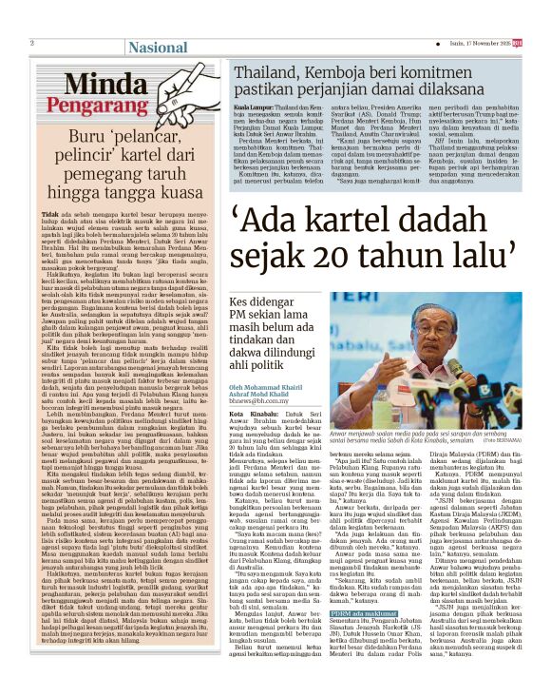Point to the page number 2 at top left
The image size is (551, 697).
pyautogui.click(x=32, y=43)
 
